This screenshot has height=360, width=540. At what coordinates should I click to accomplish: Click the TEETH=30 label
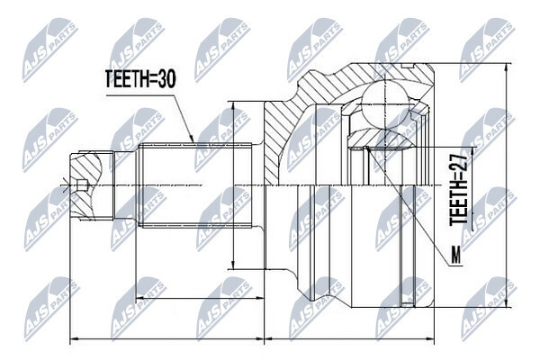tap(140, 79)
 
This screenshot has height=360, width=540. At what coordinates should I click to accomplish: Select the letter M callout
tap(456, 256)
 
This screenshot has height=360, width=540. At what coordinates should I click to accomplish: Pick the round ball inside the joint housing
tap(385, 103)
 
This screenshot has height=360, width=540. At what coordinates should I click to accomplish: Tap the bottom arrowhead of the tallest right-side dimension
tap(506, 303)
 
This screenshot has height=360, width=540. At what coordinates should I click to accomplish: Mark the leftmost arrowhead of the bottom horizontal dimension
tap(74, 339)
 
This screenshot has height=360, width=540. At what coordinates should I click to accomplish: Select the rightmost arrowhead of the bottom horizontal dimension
tap(430, 339)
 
